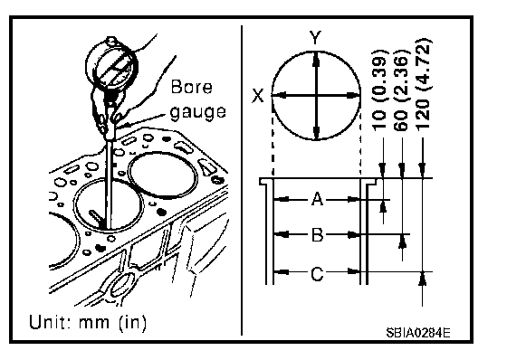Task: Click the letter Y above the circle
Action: (314, 38)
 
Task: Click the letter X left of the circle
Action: (258, 96)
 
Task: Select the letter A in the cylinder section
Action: (317, 199)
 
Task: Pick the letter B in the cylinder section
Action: (317, 235)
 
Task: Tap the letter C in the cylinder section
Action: (317, 274)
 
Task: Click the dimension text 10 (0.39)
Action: (380, 90)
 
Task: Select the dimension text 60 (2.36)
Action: (402, 90)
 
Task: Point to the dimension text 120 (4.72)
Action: (424, 85)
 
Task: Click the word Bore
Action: (191, 87)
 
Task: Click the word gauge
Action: (197, 112)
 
